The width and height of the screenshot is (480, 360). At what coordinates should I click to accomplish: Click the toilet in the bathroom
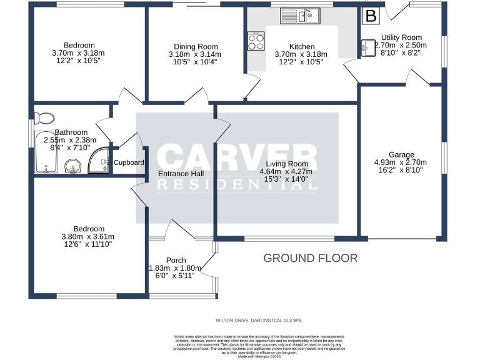[46, 117]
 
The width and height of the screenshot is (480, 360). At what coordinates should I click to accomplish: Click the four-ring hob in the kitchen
[256, 41]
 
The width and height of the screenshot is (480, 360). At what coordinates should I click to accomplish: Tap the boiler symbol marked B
[372, 16]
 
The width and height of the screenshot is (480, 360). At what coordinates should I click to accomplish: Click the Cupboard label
[129, 163]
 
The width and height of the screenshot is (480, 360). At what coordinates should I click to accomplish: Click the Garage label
[401, 154]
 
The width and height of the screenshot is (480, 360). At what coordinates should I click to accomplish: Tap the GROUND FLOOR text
[310, 257]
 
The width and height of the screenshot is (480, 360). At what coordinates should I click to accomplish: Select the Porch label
[176, 261]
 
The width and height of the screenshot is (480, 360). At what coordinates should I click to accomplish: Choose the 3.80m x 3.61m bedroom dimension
[87, 237]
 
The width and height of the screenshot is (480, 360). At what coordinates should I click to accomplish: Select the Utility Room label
[402, 37]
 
